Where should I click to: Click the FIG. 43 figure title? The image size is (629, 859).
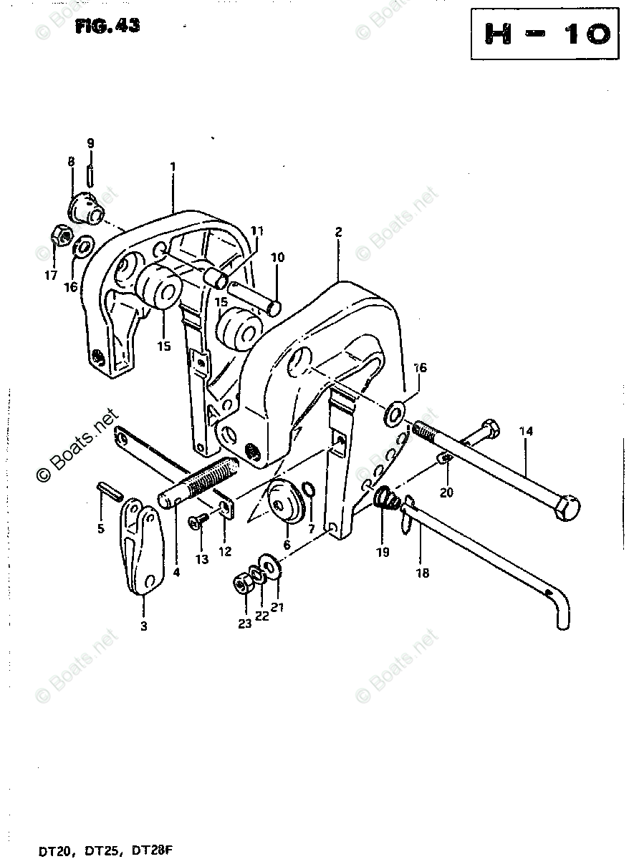click(107, 26)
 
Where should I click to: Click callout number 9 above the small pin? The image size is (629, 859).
click(90, 143)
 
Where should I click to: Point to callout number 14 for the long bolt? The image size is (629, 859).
click(527, 432)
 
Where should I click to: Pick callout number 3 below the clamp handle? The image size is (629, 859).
click(143, 626)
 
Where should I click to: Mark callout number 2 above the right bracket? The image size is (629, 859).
click(338, 232)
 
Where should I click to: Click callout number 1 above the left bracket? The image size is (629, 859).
click(173, 166)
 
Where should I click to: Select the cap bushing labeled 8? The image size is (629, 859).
click(85, 208)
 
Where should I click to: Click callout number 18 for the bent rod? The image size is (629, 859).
click(423, 573)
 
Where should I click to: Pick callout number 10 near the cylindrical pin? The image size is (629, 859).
click(277, 257)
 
